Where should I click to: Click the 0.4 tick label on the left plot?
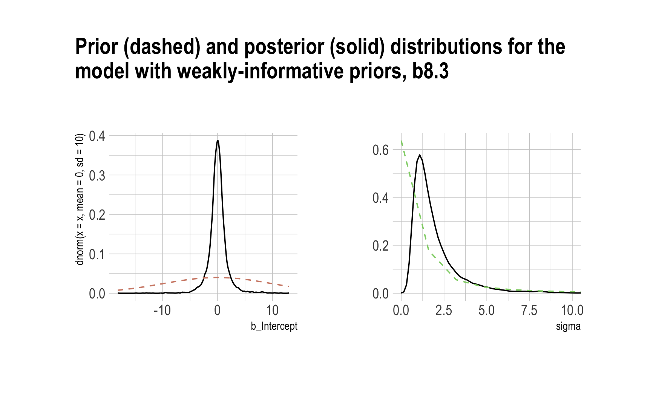pos(97,136)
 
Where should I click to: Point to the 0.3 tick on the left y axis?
pos(97,175)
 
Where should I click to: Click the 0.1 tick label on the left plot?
pos(97,254)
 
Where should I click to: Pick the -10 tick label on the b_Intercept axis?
pos(162,311)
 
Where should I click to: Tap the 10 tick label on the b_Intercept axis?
pos(272,311)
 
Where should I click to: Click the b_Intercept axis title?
pos(274,326)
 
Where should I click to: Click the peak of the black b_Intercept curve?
pos(218,141)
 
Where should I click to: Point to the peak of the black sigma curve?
pos(419,155)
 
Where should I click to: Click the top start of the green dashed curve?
pos(401,141)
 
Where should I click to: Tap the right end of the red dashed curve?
pos(288,286)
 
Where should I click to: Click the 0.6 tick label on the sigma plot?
pos(380,150)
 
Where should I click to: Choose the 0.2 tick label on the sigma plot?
pos(380,246)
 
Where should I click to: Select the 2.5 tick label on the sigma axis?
pos(443,311)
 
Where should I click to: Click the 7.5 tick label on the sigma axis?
pos(529,311)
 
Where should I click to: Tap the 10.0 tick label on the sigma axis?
pos(572,311)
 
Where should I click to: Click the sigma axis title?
pos(568,326)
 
